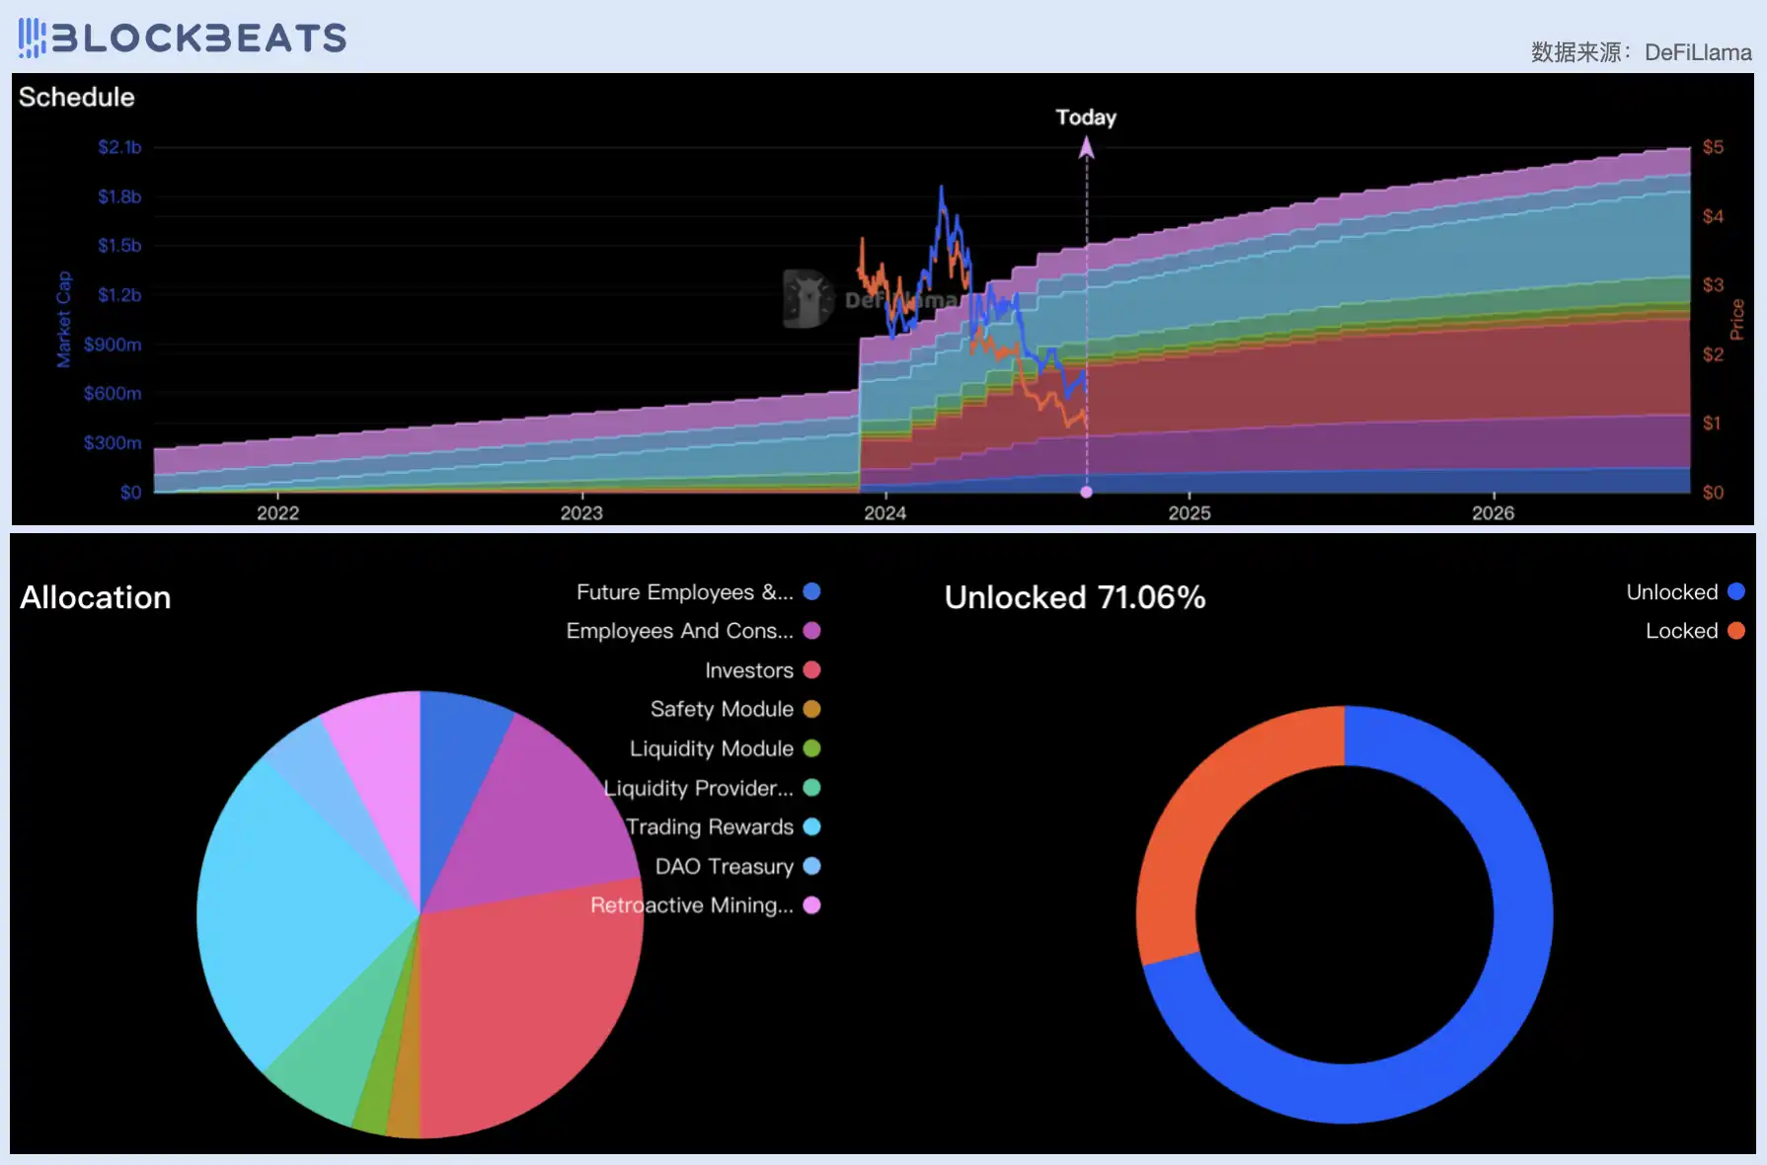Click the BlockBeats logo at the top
click(x=183, y=38)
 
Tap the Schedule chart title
click(x=77, y=97)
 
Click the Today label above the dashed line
click(x=1086, y=117)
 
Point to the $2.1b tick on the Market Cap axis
click(x=119, y=147)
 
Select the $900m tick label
click(x=113, y=345)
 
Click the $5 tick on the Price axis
click(x=1713, y=147)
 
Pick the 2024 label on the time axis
click(x=884, y=512)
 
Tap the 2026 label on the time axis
click(x=1493, y=512)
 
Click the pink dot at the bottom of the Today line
click(x=1087, y=492)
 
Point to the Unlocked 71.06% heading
click(x=1075, y=597)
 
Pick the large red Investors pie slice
click(x=523, y=997)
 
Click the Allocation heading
click(x=96, y=597)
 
